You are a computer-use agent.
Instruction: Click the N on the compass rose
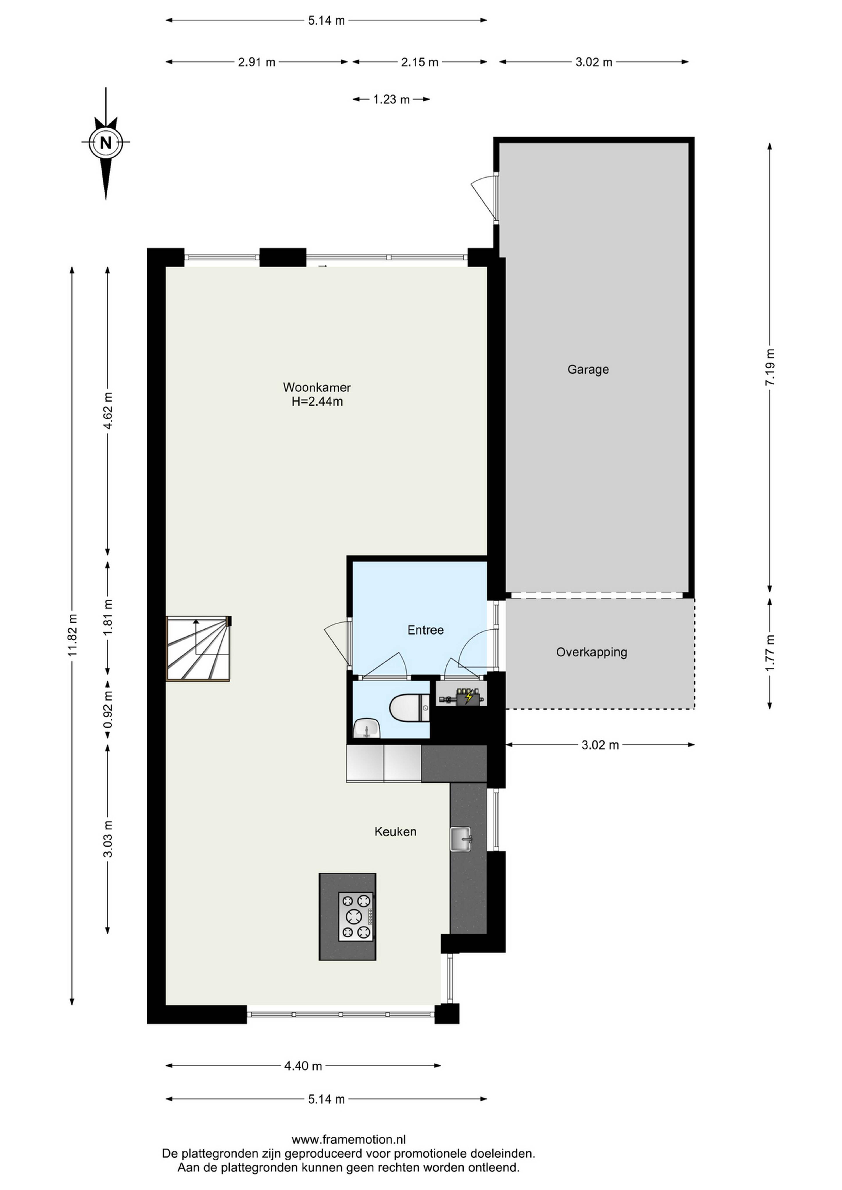106,142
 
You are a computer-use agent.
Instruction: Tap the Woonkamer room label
317,387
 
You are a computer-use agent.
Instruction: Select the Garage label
588,370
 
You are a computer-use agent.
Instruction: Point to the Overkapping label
592,652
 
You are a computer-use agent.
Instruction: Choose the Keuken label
396,831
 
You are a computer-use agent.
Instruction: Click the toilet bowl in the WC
409,708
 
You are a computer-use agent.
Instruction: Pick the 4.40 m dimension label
303,1066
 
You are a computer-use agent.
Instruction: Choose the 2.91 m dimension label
257,62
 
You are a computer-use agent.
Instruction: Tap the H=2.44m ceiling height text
317,401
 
